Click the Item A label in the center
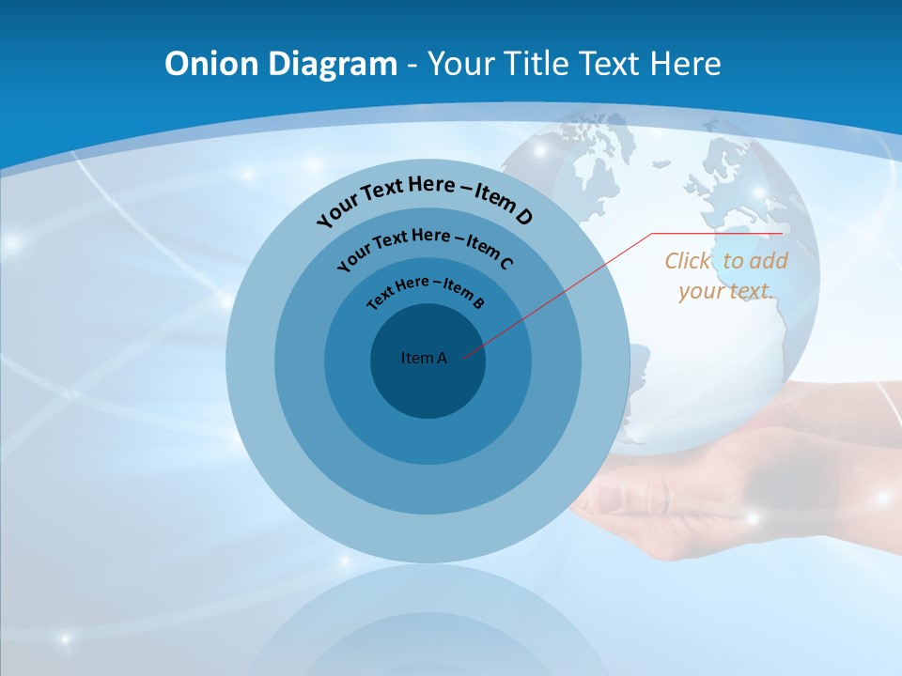coord(424,358)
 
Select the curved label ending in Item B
coord(425,290)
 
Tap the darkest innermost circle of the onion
coord(428,385)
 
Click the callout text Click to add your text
coord(725,275)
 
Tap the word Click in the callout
coord(689,261)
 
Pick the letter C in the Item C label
coord(506,264)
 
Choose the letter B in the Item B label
coord(478,303)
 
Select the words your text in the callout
coord(725,290)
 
